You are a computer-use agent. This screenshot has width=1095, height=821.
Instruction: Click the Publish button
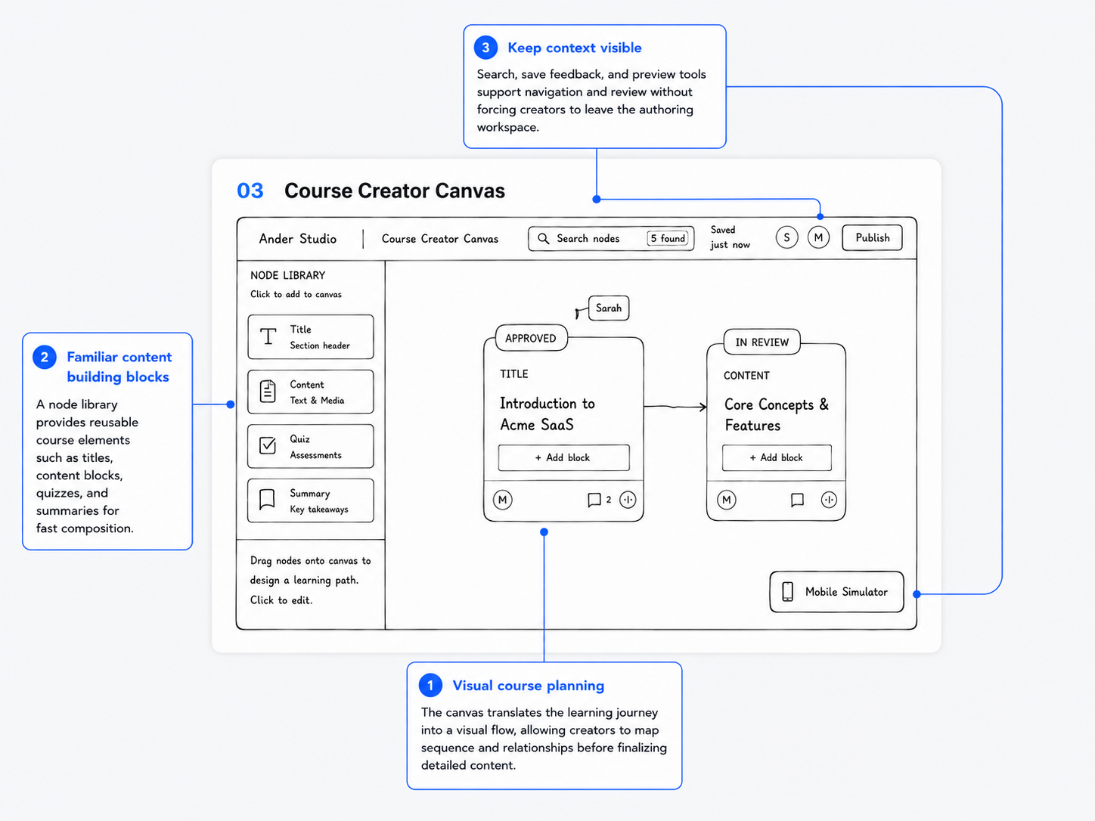[872, 238]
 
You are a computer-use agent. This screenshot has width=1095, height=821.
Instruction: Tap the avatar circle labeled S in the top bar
[786, 238]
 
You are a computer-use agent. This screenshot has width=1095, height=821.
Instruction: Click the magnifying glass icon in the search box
[543, 239]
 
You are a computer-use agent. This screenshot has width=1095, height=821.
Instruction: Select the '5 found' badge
[668, 238]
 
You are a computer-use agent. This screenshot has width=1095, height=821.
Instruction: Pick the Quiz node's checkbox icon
[268, 445]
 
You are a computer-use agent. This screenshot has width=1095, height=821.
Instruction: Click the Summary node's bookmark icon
[268, 500]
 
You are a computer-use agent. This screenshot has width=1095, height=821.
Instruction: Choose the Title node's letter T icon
[268, 336]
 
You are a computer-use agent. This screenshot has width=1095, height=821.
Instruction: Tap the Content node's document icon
[268, 392]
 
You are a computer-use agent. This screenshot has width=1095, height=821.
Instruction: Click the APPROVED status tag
[531, 339]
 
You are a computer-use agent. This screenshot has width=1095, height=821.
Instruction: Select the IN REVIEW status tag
[762, 342]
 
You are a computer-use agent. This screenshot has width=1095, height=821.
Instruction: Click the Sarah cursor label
[609, 308]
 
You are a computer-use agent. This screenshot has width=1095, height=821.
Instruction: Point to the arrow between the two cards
[675, 407]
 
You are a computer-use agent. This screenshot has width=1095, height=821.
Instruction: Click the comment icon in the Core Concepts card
[797, 500]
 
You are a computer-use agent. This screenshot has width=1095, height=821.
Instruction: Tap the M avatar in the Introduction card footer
[502, 500]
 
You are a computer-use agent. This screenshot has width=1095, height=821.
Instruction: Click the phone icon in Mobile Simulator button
[788, 592]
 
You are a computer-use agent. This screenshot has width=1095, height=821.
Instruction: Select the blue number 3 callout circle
[485, 48]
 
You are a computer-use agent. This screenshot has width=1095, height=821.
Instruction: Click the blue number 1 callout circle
[430, 686]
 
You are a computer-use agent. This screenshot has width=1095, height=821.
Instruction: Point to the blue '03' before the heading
[250, 191]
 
